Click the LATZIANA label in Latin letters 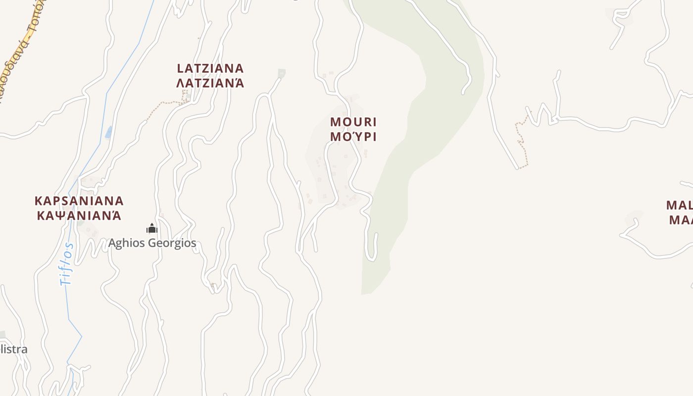pos(210,68)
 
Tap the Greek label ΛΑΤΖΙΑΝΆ pos(210,82)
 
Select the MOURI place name pos(353,122)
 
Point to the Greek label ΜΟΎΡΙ pos(353,136)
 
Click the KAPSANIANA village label pos(79,201)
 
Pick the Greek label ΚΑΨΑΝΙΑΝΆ pos(79,215)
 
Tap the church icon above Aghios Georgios pos(152,228)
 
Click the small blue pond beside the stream pos(108,132)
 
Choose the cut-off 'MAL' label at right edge pos(679,205)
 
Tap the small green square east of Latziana pos(282,73)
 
